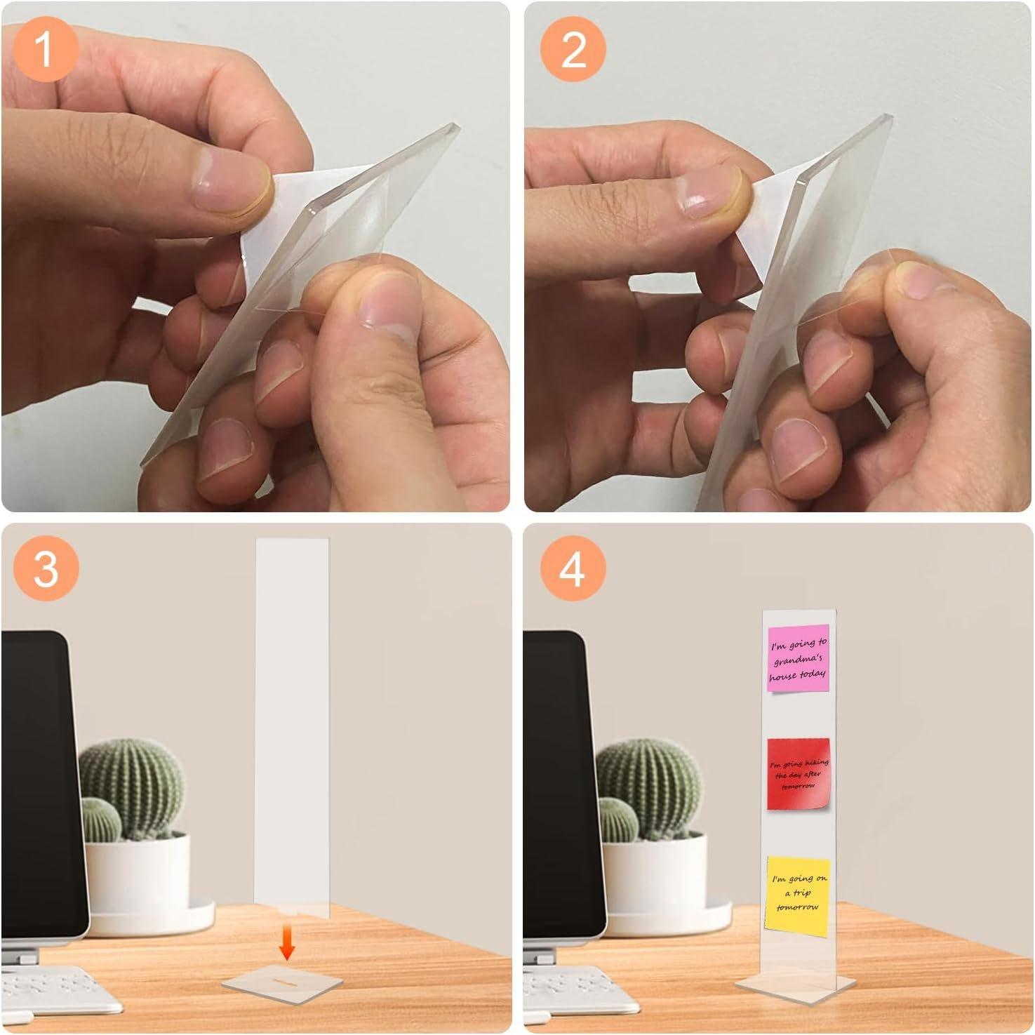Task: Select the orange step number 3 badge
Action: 45,567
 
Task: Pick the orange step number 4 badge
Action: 572,567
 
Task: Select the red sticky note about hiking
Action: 799,773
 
